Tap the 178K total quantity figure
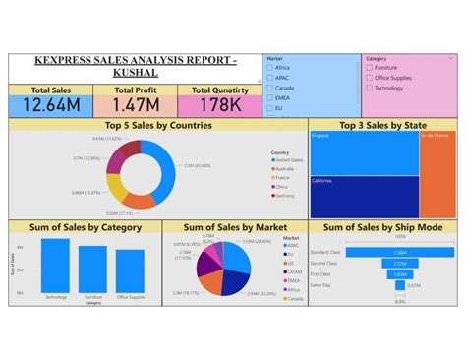[219, 104]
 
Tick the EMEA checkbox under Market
[270, 97]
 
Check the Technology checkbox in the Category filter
[369, 88]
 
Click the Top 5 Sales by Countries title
[156, 125]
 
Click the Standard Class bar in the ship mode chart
[400, 253]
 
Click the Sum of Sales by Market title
[231, 227]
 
